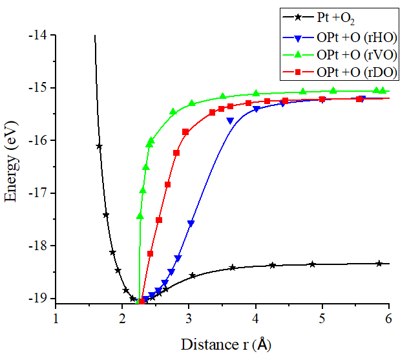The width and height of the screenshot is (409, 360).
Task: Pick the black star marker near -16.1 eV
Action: point(99,147)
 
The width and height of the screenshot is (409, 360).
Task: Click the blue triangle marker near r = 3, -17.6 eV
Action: point(191,224)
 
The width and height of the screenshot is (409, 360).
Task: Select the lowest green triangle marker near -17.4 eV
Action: point(140,216)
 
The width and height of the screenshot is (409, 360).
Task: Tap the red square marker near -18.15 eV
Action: point(150,253)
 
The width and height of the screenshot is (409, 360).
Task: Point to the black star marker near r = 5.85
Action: point(379,263)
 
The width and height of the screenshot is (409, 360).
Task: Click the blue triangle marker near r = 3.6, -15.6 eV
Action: point(230,121)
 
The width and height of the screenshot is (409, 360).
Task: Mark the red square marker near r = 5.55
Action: point(360,99)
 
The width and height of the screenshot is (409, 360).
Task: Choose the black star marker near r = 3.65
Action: point(233,268)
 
